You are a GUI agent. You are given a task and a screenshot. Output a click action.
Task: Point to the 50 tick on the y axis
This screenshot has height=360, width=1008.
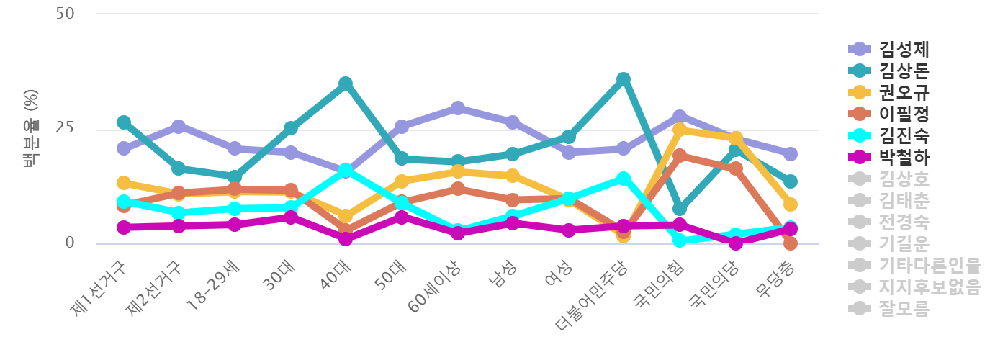click(x=65, y=14)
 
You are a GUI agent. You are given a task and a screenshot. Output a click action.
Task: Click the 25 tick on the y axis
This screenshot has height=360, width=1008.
click(x=65, y=129)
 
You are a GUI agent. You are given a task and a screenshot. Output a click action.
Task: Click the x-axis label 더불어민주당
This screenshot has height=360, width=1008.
click(x=593, y=295)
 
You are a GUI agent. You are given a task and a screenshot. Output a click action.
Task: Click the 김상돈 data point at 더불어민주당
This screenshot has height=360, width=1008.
click(x=624, y=79)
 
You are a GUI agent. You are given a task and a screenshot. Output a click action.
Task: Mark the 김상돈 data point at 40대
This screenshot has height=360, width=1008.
click(x=346, y=84)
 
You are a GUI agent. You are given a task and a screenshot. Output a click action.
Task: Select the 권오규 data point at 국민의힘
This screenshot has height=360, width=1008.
click(x=679, y=130)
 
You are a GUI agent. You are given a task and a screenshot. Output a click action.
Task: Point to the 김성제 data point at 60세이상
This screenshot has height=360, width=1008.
click(x=457, y=108)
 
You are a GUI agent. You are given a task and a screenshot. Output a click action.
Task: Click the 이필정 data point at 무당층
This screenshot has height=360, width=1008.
click(x=790, y=243)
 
